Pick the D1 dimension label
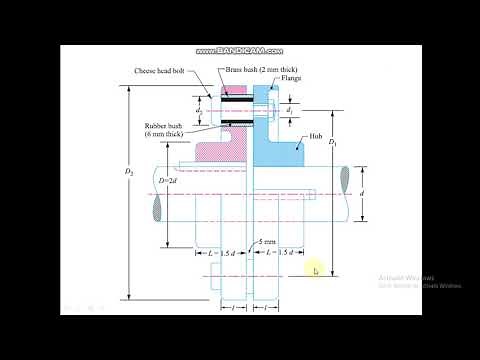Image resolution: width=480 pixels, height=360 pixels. point(333,144)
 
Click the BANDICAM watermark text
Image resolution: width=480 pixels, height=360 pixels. point(240,50)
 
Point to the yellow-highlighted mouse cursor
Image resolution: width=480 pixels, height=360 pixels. point(315,269)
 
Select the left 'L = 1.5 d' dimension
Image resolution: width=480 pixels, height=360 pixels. point(222,254)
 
